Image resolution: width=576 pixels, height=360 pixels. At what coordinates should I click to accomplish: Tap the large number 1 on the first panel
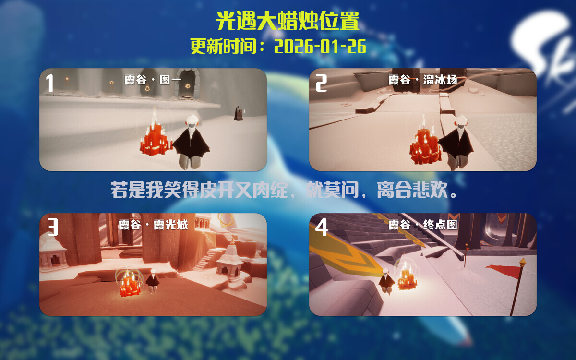point(49,83)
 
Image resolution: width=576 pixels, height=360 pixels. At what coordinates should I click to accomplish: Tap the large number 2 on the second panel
point(321,83)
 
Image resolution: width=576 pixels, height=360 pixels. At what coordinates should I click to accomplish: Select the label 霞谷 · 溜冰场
point(422,80)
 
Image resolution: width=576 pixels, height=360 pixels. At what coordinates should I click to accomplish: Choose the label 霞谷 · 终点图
point(422,224)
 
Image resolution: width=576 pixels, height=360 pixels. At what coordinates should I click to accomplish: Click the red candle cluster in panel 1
point(155,138)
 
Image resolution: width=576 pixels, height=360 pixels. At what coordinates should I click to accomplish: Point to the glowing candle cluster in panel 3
point(129,284)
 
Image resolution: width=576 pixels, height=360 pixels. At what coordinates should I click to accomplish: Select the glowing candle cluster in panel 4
point(406,278)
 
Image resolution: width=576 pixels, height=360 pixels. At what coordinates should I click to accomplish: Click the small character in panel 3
point(153,281)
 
